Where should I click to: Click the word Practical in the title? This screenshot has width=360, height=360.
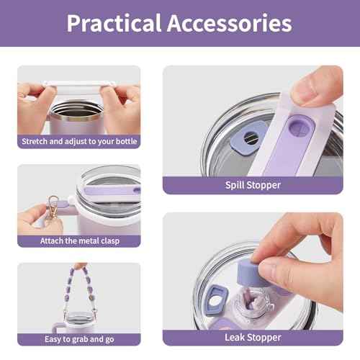click(x=114, y=23)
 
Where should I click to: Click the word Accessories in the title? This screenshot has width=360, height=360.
click(x=230, y=23)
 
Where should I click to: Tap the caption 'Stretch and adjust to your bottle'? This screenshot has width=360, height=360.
click(x=79, y=141)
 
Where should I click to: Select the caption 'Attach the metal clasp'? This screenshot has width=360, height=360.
click(x=80, y=240)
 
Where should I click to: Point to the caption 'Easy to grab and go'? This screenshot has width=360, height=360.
click(x=79, y=339)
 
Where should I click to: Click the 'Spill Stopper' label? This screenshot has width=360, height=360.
click(x=253, y=185)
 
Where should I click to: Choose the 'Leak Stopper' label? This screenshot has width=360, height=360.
click(x=253, y=338)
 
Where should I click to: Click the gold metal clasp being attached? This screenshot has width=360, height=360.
click(x=53, y=207)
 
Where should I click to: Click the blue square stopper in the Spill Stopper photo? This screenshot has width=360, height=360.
click(x=248, y=138)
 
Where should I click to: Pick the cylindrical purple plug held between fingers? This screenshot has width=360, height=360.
click(x=251, y=274)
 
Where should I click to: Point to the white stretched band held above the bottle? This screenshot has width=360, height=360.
click(x=78, y=84)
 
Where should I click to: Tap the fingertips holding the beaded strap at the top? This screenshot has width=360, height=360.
click(x=80, y=266)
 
